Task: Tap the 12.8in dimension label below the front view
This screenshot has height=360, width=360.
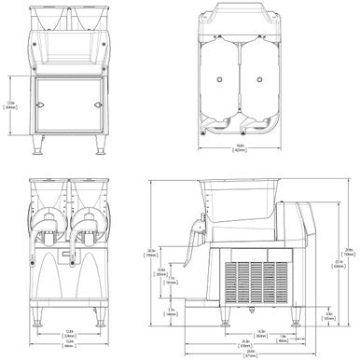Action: point(71,331)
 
